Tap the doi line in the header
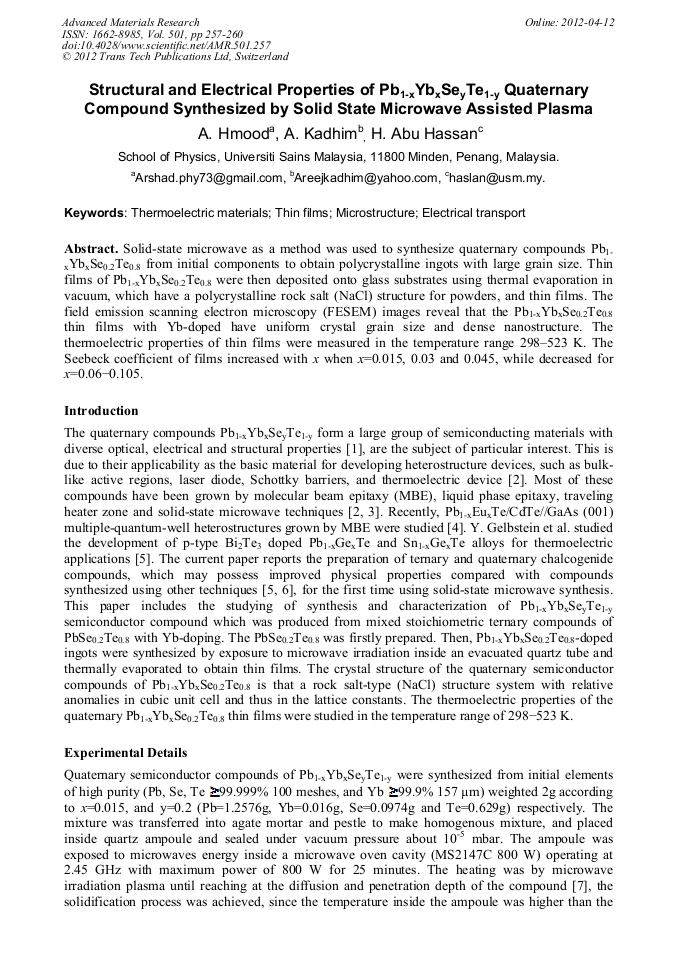coord(166,45)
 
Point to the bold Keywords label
coord(95,213)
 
